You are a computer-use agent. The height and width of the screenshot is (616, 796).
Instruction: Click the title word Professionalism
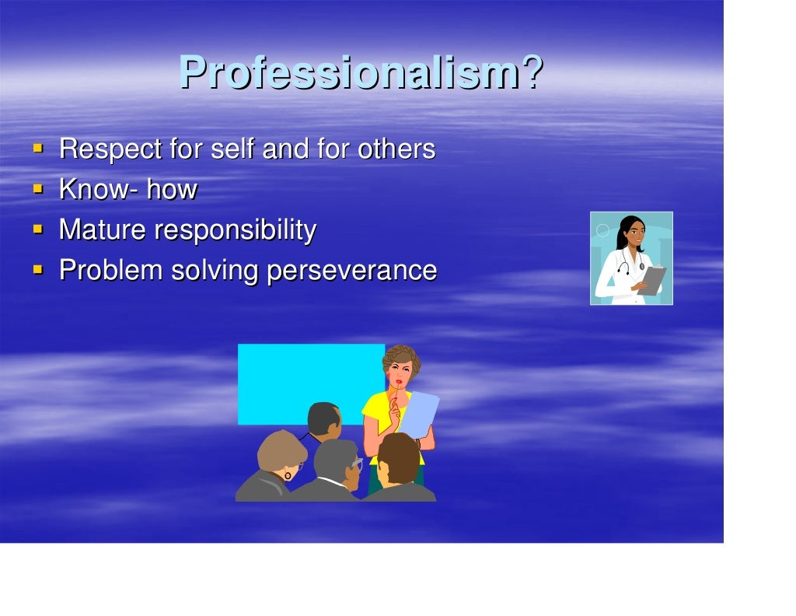348,73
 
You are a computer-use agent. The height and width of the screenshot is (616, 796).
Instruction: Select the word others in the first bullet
396,149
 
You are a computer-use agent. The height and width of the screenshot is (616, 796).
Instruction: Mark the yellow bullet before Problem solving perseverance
37,270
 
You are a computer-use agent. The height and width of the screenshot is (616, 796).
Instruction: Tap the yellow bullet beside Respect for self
37,148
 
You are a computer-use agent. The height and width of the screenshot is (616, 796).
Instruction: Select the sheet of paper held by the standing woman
420,412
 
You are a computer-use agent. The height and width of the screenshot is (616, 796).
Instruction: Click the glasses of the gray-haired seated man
356,464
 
